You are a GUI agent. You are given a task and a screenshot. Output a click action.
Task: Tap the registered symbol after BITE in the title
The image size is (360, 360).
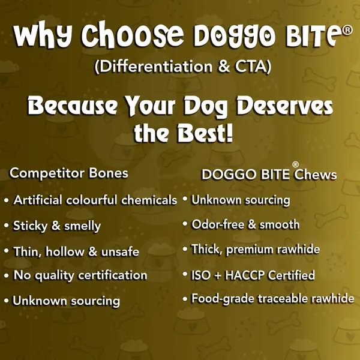tap(347, 31)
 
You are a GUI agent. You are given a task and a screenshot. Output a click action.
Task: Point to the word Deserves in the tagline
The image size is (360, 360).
tap(284, 106)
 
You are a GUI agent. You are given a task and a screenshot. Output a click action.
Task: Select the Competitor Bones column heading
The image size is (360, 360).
tap(69, 173)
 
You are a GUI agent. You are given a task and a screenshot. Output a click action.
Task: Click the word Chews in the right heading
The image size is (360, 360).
tap(316, 175)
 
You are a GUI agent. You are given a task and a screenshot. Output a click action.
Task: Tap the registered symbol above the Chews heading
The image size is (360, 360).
tap(295, 164)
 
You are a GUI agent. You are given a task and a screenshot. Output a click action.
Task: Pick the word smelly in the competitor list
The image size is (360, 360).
tap(82, 226)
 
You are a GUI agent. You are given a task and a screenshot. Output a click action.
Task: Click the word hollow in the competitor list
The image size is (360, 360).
tap(65, 251)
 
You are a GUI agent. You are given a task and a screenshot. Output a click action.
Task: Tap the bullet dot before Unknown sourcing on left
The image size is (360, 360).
tap(6, 301)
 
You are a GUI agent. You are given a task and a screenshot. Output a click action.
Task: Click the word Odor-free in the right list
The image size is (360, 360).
tap(218, 224)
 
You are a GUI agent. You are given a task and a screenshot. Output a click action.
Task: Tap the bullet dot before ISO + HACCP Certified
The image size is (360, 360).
tap(185, 274)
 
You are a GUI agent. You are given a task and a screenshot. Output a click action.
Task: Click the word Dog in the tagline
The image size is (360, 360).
tap(205, 107)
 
